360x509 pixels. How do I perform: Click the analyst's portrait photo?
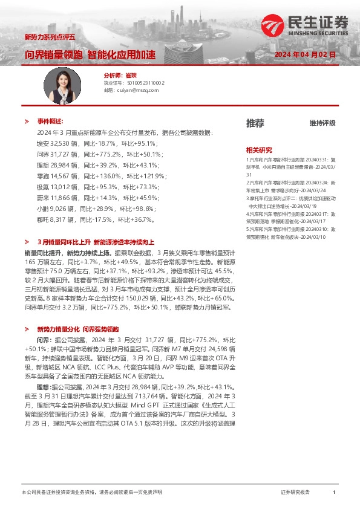[x=65, y=84]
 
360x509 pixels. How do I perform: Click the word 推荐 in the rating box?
[x=255, y=123]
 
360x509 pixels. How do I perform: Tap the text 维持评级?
[x=322, y=123]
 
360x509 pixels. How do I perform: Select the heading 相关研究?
[x=259, y=149]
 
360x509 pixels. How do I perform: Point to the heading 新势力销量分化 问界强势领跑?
[x=83, y=329]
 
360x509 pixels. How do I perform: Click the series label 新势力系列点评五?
[x=49, y=37]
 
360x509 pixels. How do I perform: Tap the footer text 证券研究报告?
[x=295, y=493]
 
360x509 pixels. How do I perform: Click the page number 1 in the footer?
[x=334, y=493]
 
